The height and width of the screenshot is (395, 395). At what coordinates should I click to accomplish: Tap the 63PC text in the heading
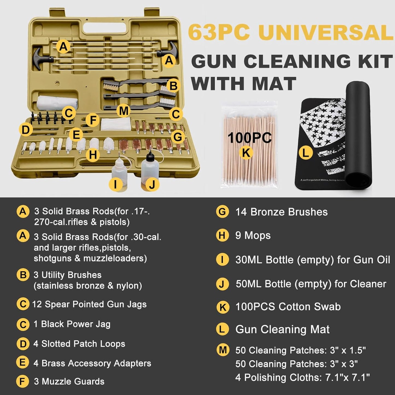[219, 33]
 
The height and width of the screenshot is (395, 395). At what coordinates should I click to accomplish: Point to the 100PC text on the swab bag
[249, 137]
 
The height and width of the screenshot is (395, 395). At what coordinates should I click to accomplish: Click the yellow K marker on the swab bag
[246, 153]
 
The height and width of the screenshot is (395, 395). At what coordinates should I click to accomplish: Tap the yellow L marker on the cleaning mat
[305, 153]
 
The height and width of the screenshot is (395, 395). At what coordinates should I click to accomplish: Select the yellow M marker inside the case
[124, 111]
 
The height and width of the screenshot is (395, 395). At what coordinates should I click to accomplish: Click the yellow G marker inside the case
[178, 137]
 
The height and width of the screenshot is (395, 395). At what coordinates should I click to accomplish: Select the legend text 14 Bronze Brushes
[281, 212]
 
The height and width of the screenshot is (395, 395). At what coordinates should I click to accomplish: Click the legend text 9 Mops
[253, 235]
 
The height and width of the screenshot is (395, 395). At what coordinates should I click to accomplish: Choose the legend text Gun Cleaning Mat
[282, 329]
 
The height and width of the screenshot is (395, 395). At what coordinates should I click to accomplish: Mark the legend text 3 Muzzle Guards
[69, 381]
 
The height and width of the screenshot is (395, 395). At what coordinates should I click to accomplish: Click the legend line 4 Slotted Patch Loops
[79, 344]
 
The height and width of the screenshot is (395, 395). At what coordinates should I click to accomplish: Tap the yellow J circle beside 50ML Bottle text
[222, 284]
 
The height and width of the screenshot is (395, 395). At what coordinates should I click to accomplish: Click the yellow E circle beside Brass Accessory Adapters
[23, 363]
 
